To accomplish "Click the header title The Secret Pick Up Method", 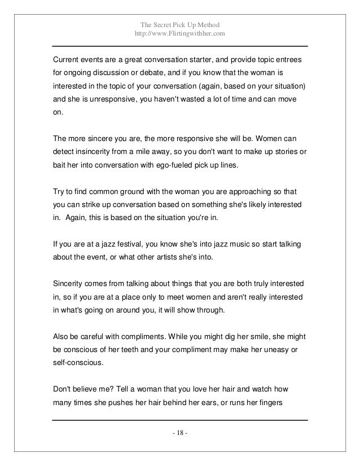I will (180, 24).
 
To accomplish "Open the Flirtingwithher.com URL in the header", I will (180, 34).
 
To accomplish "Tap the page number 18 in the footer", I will (180, 433).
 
